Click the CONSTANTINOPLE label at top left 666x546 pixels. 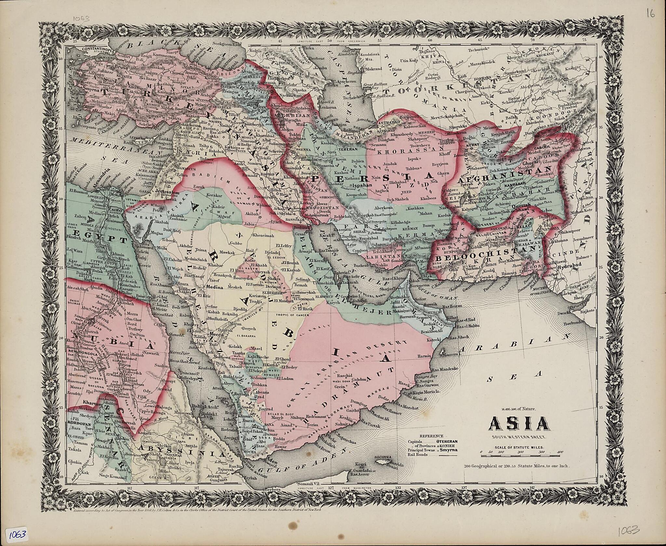pos(89,48)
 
